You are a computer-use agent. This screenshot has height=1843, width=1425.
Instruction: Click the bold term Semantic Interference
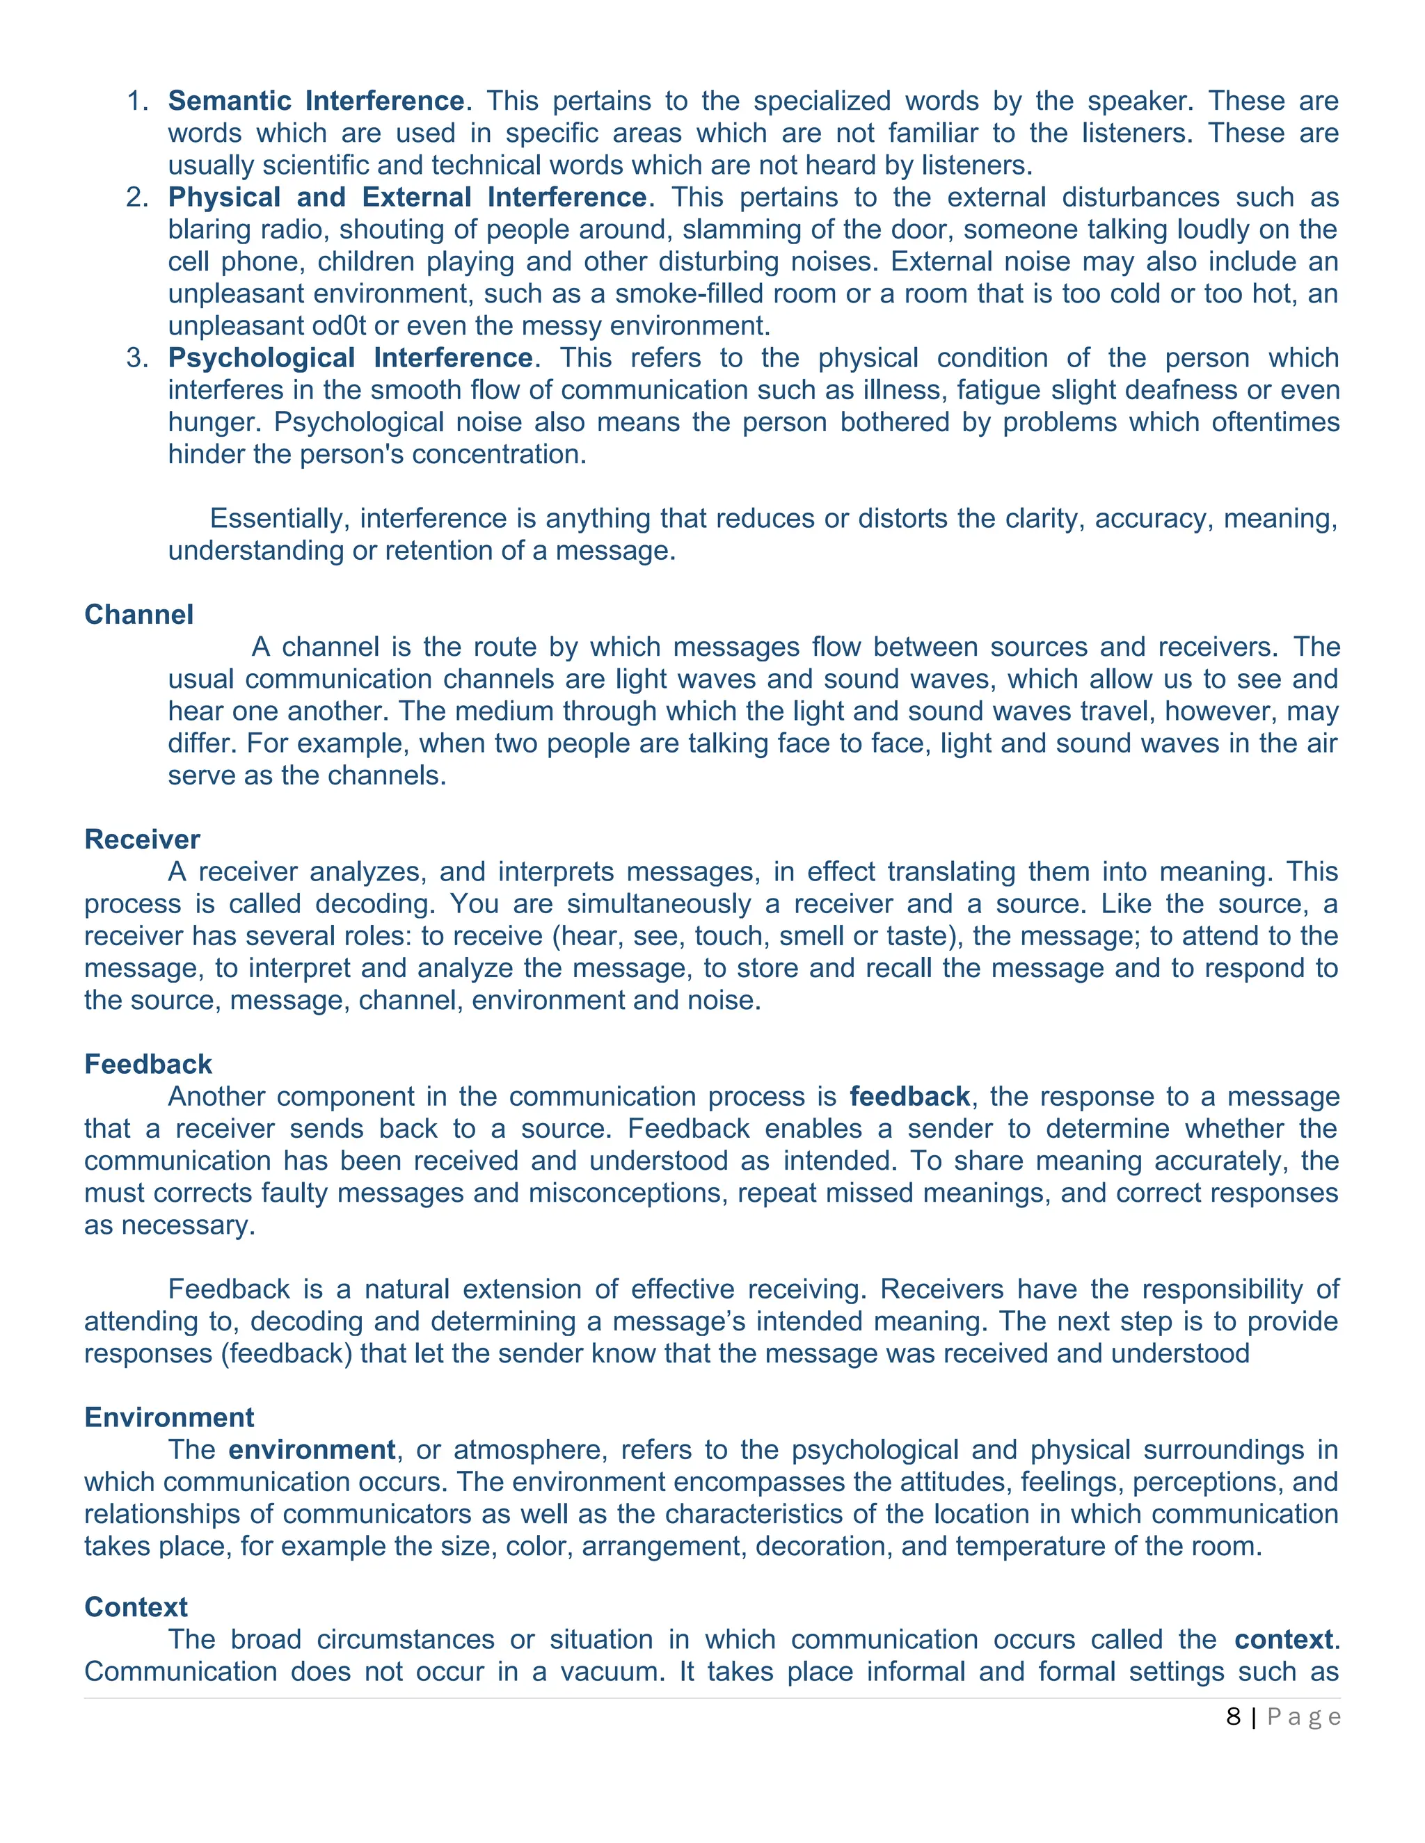point(316,102)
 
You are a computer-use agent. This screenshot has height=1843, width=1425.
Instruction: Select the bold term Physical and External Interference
point(407,198)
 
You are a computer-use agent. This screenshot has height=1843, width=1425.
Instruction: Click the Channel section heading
point(138,614)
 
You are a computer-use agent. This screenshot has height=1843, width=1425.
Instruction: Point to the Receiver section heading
point(142,839)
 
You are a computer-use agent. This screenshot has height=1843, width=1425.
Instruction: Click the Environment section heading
point(169,1417)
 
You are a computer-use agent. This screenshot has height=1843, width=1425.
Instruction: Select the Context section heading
point(136,1607)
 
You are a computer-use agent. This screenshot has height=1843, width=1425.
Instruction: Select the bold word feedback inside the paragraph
point(909,1096)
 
